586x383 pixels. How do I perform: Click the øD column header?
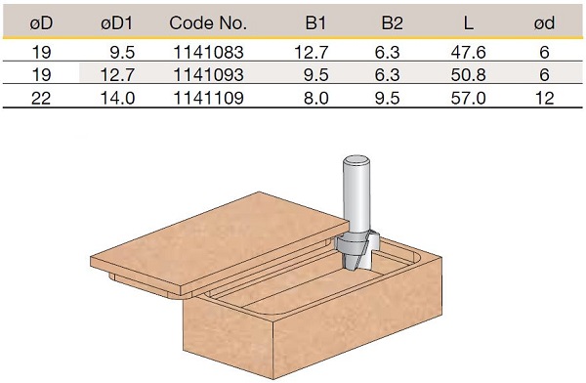click(41, 23)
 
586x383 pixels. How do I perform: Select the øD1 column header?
click(116, 23)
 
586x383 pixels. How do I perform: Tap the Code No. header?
click(208, 23)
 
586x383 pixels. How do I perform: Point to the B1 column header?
click(315, 23)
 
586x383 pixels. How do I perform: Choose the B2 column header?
click(392, 23)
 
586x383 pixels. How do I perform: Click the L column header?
click(468, 23)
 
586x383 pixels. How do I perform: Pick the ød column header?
click(544, 23)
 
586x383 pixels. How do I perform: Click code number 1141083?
click(209, 52)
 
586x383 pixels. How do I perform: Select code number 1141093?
click(209, 75)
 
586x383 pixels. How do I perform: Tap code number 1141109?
click(209, 98)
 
